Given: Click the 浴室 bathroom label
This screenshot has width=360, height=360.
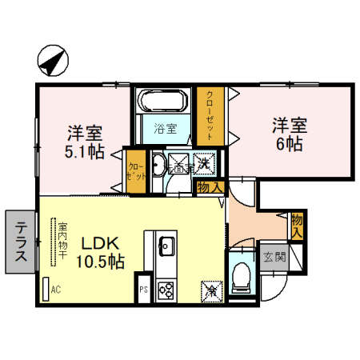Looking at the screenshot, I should [165, 127].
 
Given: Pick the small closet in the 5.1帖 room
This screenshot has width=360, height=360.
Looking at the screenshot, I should [137, 170].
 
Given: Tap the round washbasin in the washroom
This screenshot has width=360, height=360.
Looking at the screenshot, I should [158, 166].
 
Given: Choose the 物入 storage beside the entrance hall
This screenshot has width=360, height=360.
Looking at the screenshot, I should [297, 225].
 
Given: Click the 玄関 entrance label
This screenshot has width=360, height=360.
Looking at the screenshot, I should [274, 257].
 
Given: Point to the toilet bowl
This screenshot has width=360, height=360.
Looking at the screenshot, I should [240, 278].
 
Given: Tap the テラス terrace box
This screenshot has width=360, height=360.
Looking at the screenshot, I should [20, 240].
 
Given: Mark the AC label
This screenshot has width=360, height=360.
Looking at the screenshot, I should [55, 290].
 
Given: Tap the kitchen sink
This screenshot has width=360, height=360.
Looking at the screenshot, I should [167, 244].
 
